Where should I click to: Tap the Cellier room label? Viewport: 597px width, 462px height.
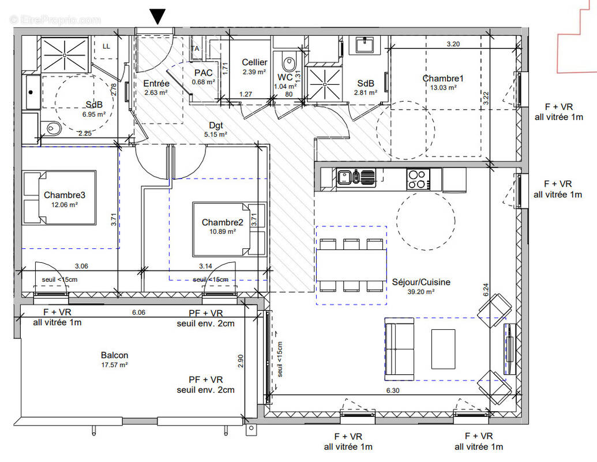254,62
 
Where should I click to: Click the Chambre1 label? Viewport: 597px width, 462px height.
443,79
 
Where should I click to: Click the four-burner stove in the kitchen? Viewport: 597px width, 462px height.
418,178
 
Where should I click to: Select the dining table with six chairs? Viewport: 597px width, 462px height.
351,265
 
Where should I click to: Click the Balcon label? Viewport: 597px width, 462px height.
114,355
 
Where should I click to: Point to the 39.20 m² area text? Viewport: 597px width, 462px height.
420,292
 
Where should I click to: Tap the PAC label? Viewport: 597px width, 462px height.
204,73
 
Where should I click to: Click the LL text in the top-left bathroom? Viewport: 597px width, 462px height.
106,46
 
